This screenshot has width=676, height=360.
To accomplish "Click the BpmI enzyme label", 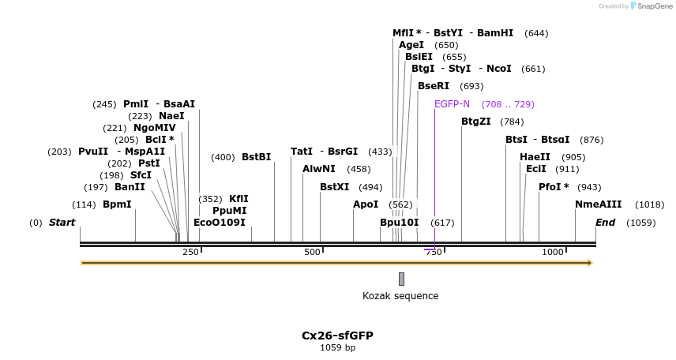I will click(x=117, y=204).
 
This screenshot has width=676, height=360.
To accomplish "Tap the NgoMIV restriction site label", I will click(x=155, y=128).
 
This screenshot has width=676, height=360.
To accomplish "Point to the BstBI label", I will click(x=256, y=157).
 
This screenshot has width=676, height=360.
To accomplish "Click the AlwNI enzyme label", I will click(x=319, y=169).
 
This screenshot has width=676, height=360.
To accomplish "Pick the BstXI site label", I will click(x=334, y=187).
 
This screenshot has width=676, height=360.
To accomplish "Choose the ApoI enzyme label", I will click(x=366, y=204).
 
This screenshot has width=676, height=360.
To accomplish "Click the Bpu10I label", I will click(x=400, y=223).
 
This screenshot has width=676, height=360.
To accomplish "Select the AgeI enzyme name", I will click(x=411, y=45).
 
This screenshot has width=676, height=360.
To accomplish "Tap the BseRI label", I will click(x=434, y=86).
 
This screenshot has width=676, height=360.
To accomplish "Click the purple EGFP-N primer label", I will click(x=452, y=104).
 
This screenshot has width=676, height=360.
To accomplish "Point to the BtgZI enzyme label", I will click(x=476, y=122).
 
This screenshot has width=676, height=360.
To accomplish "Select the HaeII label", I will click(x=535, y=157).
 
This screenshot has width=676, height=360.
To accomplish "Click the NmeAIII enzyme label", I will click(x=599, y=204).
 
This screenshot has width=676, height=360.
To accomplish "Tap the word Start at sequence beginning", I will click(x=62, y=223).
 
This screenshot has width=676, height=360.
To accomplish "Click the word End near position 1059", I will click(x=605, y=223).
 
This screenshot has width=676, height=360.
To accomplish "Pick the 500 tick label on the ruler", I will click(x=312, y=252).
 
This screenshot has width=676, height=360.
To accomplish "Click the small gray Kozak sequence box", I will click(x=401, y=279).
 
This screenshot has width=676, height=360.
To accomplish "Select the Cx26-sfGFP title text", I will click(x=337, y=336).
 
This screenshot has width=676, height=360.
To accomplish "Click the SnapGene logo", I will click(x=652, y=6).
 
